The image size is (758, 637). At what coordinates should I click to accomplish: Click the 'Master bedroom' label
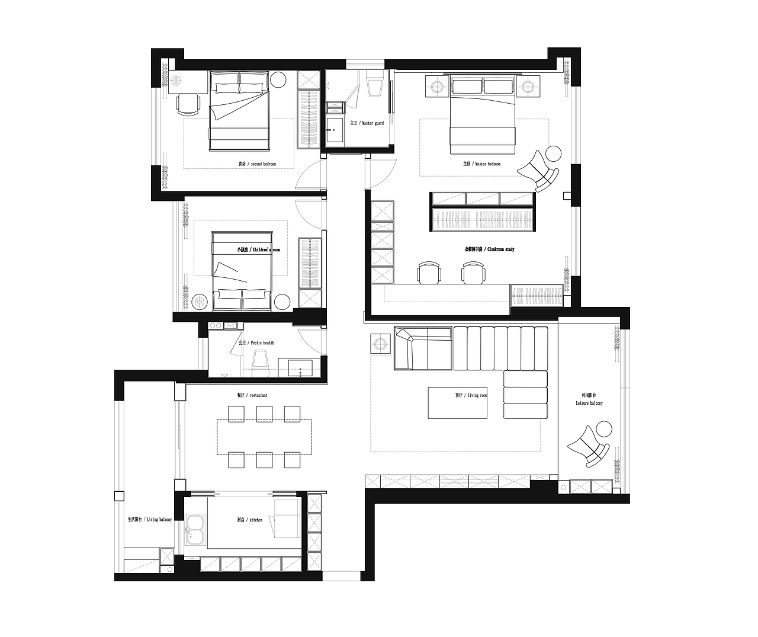(x=481, y=164)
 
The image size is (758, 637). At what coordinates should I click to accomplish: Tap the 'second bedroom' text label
(x=257, y=164)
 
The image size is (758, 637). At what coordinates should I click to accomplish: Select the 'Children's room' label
(x=258, y=250)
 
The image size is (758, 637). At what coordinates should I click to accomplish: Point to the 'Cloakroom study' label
(x=489, y=249)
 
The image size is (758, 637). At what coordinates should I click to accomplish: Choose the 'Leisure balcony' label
(x=589, y=399)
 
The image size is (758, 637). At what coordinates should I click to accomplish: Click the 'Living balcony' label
(x=149, y=519)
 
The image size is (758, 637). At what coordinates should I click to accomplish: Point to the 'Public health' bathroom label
(x=256, y=342)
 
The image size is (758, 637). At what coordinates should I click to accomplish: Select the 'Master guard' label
(x=367, y=123)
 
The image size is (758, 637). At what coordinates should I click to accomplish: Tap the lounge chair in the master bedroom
(x=538, y=171)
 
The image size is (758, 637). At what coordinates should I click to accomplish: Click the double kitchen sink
(x=195, y=530)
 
